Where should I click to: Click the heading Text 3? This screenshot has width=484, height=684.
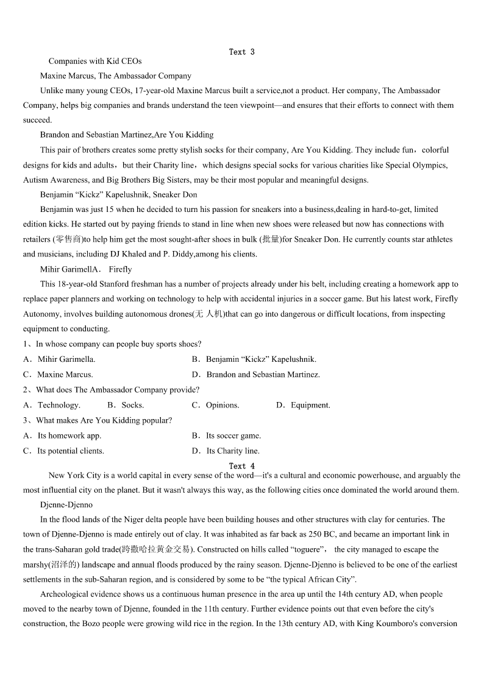(242, 52)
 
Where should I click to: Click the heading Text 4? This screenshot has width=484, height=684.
(242, 466)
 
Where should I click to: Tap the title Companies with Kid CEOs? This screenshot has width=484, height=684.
(95, 61)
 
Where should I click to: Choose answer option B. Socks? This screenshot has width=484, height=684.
(126, 405)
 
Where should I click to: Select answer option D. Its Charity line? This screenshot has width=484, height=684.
(226, 451)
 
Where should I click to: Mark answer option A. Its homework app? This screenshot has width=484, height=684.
(62, 435)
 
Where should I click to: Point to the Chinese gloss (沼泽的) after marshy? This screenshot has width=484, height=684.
(68, 565)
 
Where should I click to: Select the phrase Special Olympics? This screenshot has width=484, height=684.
(416, 165)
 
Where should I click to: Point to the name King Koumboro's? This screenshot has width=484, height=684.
(390, 624)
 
